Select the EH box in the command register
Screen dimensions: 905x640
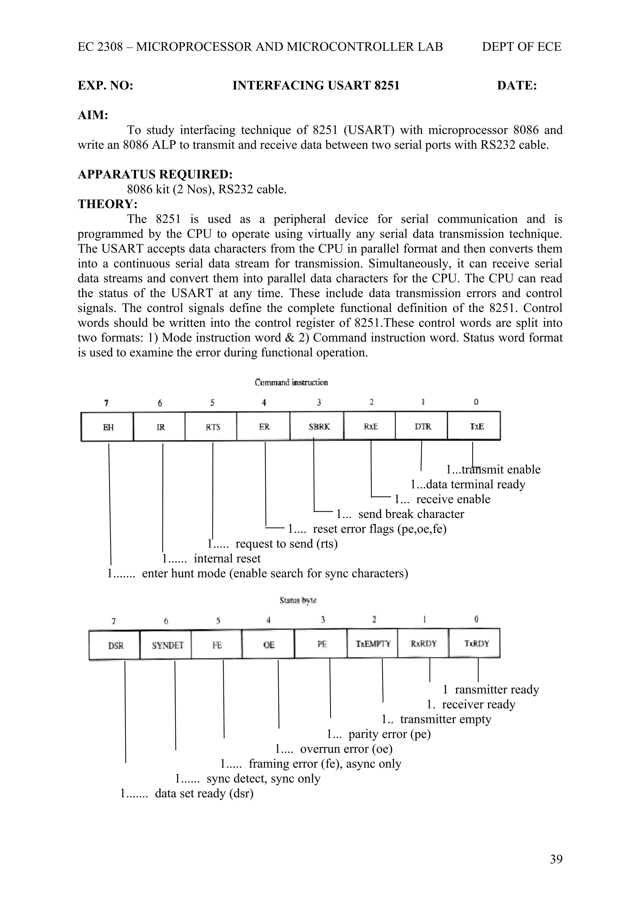107,427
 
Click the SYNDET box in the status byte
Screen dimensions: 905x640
166,645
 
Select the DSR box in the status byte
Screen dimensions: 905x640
115,645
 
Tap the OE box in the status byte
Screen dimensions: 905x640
268,645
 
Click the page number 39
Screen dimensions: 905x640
556,870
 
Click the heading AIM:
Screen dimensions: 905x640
93,115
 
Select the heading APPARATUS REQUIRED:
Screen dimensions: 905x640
155,174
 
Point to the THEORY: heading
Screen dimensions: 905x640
107,204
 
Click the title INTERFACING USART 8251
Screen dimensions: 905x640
316,86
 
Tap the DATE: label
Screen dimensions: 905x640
517,86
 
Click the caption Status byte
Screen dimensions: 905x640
298,600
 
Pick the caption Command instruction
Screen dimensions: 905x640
291,382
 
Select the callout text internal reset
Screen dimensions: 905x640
227,559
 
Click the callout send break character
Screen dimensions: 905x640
411,514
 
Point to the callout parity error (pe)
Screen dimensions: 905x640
389,734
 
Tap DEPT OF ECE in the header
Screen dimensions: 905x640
521,47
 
